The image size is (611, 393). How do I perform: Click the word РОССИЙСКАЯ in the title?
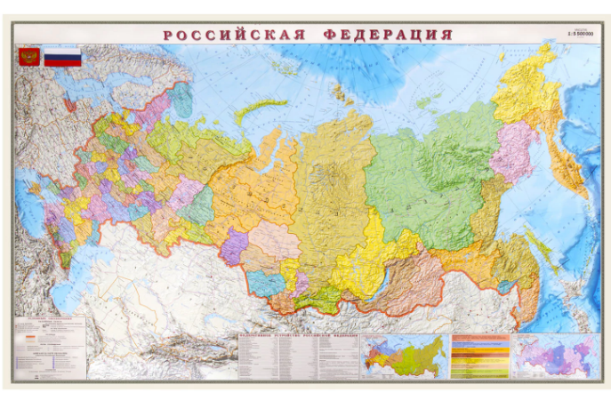(x=234, y=35)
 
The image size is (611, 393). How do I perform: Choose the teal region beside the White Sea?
(x=182, y=100)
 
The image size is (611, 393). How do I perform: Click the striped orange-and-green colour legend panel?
(x=480, y=356)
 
